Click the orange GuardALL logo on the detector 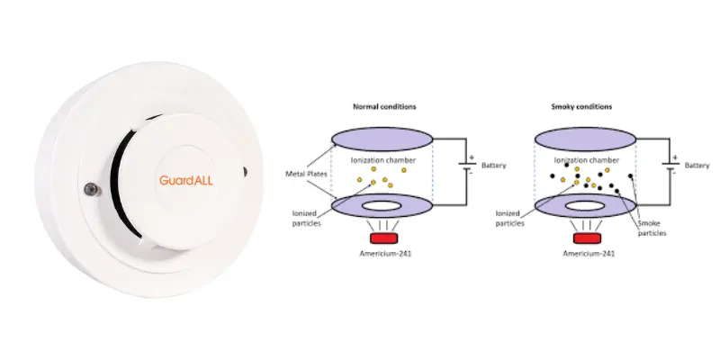186,180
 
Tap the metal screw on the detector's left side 91,189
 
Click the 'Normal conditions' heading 384,106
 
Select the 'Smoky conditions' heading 581,106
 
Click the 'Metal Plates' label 306,174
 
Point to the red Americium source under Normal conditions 384,238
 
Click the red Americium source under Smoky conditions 587,238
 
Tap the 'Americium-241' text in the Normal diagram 385,253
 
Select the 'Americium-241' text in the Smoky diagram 589,253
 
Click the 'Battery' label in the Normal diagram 493,166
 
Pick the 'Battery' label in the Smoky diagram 697,166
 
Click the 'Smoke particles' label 652,229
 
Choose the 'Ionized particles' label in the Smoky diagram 509,218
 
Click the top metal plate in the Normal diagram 382,139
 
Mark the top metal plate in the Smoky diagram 586,139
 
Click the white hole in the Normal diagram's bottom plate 382,206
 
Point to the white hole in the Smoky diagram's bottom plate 585,206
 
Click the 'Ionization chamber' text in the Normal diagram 383,160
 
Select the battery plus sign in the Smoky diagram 675,157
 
